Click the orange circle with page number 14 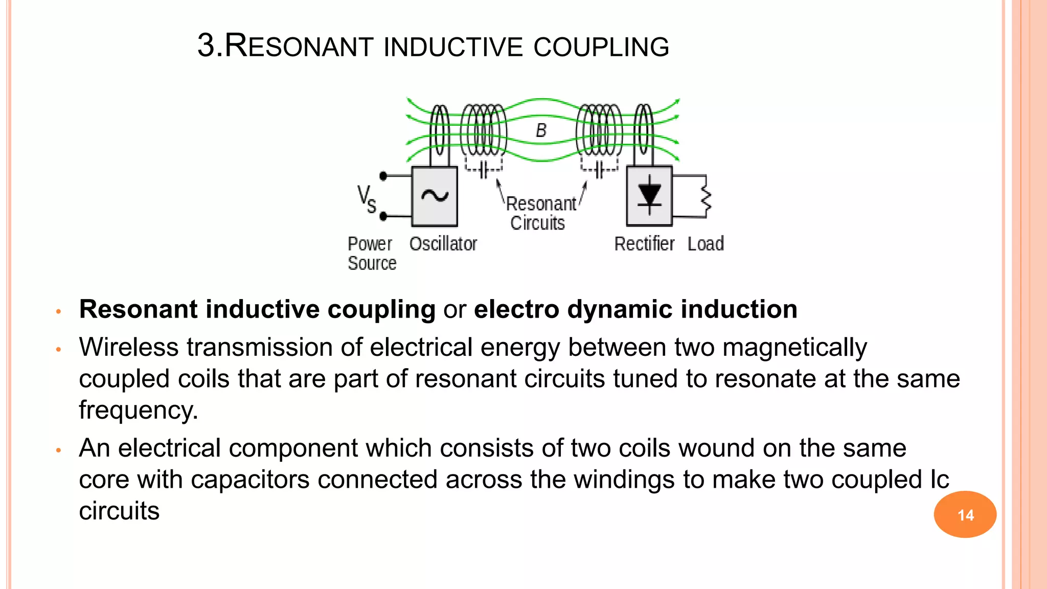click(965, 514)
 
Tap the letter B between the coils click(541, 131)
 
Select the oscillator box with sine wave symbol click(435, 196)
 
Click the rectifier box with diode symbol click(649, 196)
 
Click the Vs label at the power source click(366, 199)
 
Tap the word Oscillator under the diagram click(443, 244)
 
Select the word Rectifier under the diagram click(644, 244)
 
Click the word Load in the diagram click(705, 244)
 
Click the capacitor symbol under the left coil click(484, 169)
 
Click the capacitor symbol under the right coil click(599, 169)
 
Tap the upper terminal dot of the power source click(383, 176)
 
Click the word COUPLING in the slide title click(601, 47)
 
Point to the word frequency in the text click(138, 411)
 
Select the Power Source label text click(372, 254)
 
